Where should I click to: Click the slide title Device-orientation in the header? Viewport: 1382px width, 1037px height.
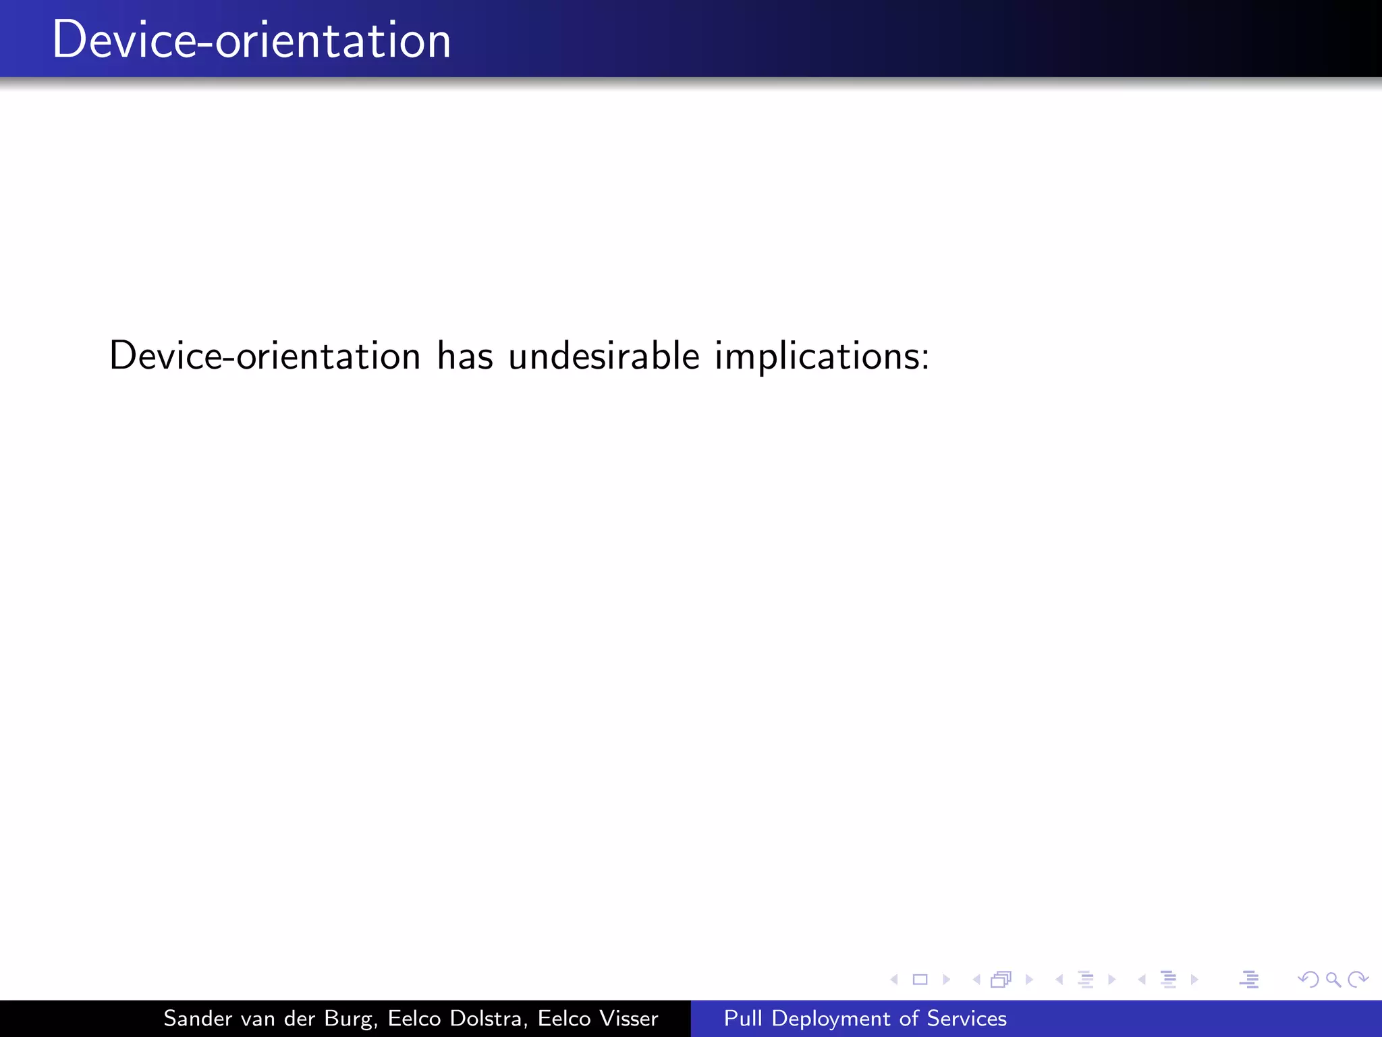coord(251,41)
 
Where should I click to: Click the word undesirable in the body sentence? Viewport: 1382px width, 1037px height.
coord(604,356)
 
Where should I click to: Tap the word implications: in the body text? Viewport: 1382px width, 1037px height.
coord(822,357)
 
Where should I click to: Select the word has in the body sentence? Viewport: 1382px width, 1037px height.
coord(465,356)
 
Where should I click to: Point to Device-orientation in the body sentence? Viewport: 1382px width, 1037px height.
coord(265,356)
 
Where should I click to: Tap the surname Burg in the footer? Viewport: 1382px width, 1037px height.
coord(350,1019)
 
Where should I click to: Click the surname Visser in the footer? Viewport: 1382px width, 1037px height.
coord(630,1018)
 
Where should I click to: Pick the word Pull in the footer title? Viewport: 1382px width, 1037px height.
coord(742,1018)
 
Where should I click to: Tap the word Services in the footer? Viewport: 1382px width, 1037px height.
coord(966,1018)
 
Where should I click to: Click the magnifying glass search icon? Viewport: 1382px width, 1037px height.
coord(1333,979)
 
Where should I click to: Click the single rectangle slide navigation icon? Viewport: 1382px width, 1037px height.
coord(920,979)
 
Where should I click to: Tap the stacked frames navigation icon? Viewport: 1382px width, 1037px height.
coord(1001,979)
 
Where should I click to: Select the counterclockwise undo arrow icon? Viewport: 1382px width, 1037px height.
coord(1308,979)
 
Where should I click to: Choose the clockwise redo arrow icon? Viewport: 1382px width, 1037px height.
coord(1358,979)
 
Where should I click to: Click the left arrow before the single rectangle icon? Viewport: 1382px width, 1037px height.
coord(894,979)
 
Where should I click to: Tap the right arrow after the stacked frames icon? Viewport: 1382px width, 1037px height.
coord(1029,979)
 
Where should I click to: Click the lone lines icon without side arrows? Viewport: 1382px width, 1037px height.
coord(1249,979)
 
